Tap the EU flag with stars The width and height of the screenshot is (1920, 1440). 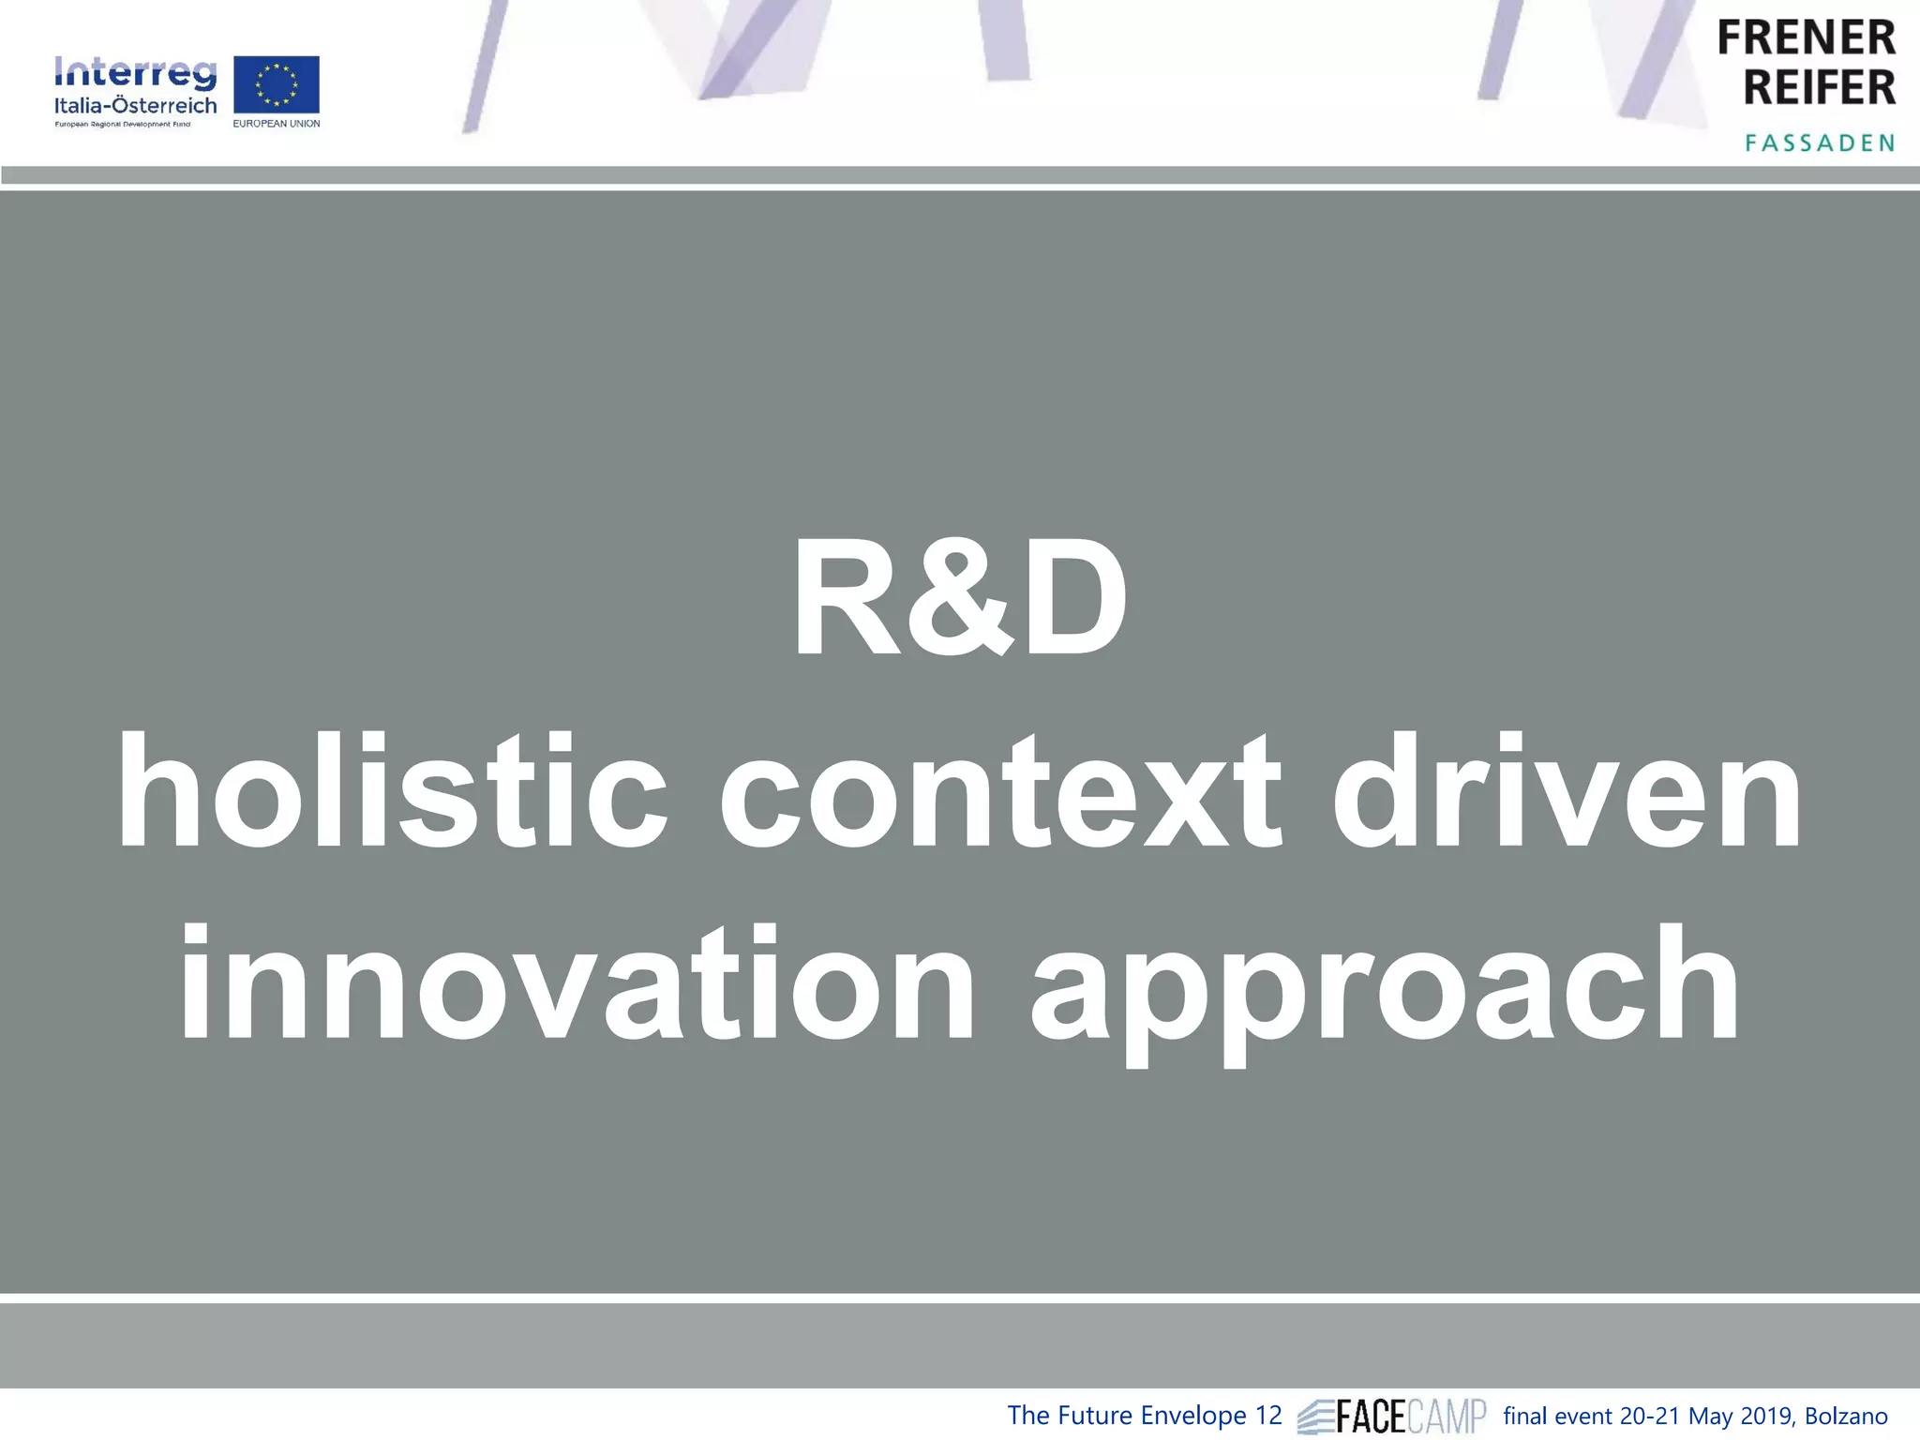(276, 84)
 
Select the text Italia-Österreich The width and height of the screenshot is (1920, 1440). (135, 105)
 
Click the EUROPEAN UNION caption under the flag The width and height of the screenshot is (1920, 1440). (277, 124)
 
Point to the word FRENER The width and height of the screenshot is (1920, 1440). (1806, 38)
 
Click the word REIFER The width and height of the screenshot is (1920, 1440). (1819, 87)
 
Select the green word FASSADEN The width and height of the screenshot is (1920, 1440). (1820, 143)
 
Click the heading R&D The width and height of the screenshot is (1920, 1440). (960, 600)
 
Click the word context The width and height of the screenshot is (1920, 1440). (999, 792)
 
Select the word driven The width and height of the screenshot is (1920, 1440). (1566, 792)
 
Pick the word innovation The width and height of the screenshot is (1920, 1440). (577, 984)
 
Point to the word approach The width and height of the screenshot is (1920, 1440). (1384, 989)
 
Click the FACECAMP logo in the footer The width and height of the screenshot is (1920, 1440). (1392, 1415)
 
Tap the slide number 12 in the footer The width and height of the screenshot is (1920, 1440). (1267, 1415)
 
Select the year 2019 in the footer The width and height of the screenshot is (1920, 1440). (1765, 1416)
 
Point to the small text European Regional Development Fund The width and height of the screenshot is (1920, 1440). (122, 125)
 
